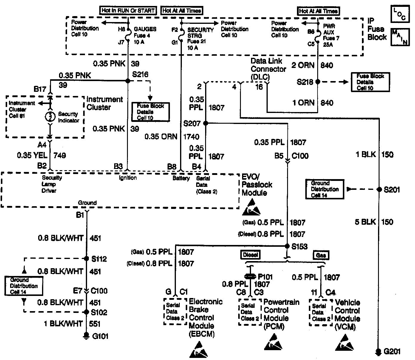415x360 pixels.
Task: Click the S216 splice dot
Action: [128, 81]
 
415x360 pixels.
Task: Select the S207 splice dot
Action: [205, 123]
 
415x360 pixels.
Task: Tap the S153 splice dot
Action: [287, 246]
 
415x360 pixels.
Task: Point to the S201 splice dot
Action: [379, 190]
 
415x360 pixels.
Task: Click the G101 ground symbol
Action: [86, 336]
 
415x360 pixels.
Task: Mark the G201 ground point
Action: [379, 352]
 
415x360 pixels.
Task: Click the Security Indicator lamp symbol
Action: [50, 117]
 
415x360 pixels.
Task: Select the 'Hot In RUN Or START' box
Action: [128, 10]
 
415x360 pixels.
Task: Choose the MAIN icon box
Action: [399, 37]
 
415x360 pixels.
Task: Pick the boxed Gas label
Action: [321, 255]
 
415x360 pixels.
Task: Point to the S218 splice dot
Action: [318, 81]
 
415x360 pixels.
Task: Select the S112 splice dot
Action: [86, 259]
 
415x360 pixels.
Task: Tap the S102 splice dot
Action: [86, 312]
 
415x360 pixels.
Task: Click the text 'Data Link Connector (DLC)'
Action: [268, 69]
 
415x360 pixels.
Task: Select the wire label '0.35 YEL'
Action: [32, 155]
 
